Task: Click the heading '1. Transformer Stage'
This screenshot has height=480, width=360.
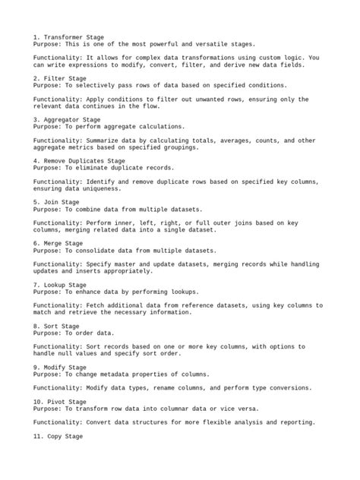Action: tap(69, 37)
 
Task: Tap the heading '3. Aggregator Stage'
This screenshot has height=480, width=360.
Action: tap(68, 119)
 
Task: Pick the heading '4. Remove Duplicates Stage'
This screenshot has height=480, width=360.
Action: tap(79, 161)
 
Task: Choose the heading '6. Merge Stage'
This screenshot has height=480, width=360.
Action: tap(59, 243)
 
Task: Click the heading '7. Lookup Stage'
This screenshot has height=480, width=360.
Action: tap(62, 285)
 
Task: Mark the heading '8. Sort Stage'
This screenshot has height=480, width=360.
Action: tap(56, 326)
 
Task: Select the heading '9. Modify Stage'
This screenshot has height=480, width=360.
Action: tap(62, 367)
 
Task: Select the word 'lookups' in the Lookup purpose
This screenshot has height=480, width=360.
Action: tap(177, 292)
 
